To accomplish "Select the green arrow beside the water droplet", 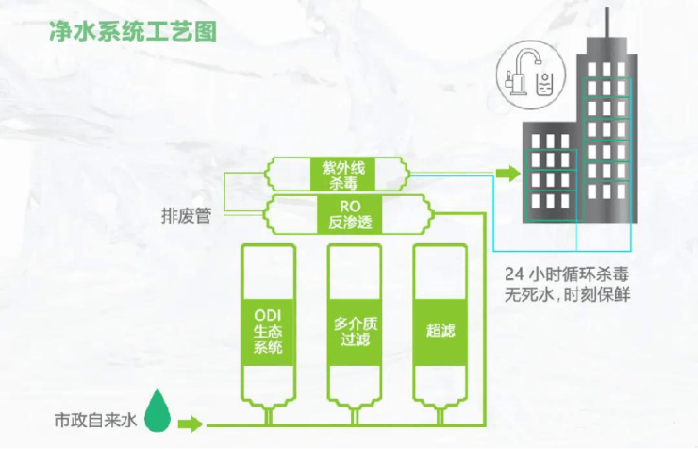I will click(x=191, y=422).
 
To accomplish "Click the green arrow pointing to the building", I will click(x=508, y=174).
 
